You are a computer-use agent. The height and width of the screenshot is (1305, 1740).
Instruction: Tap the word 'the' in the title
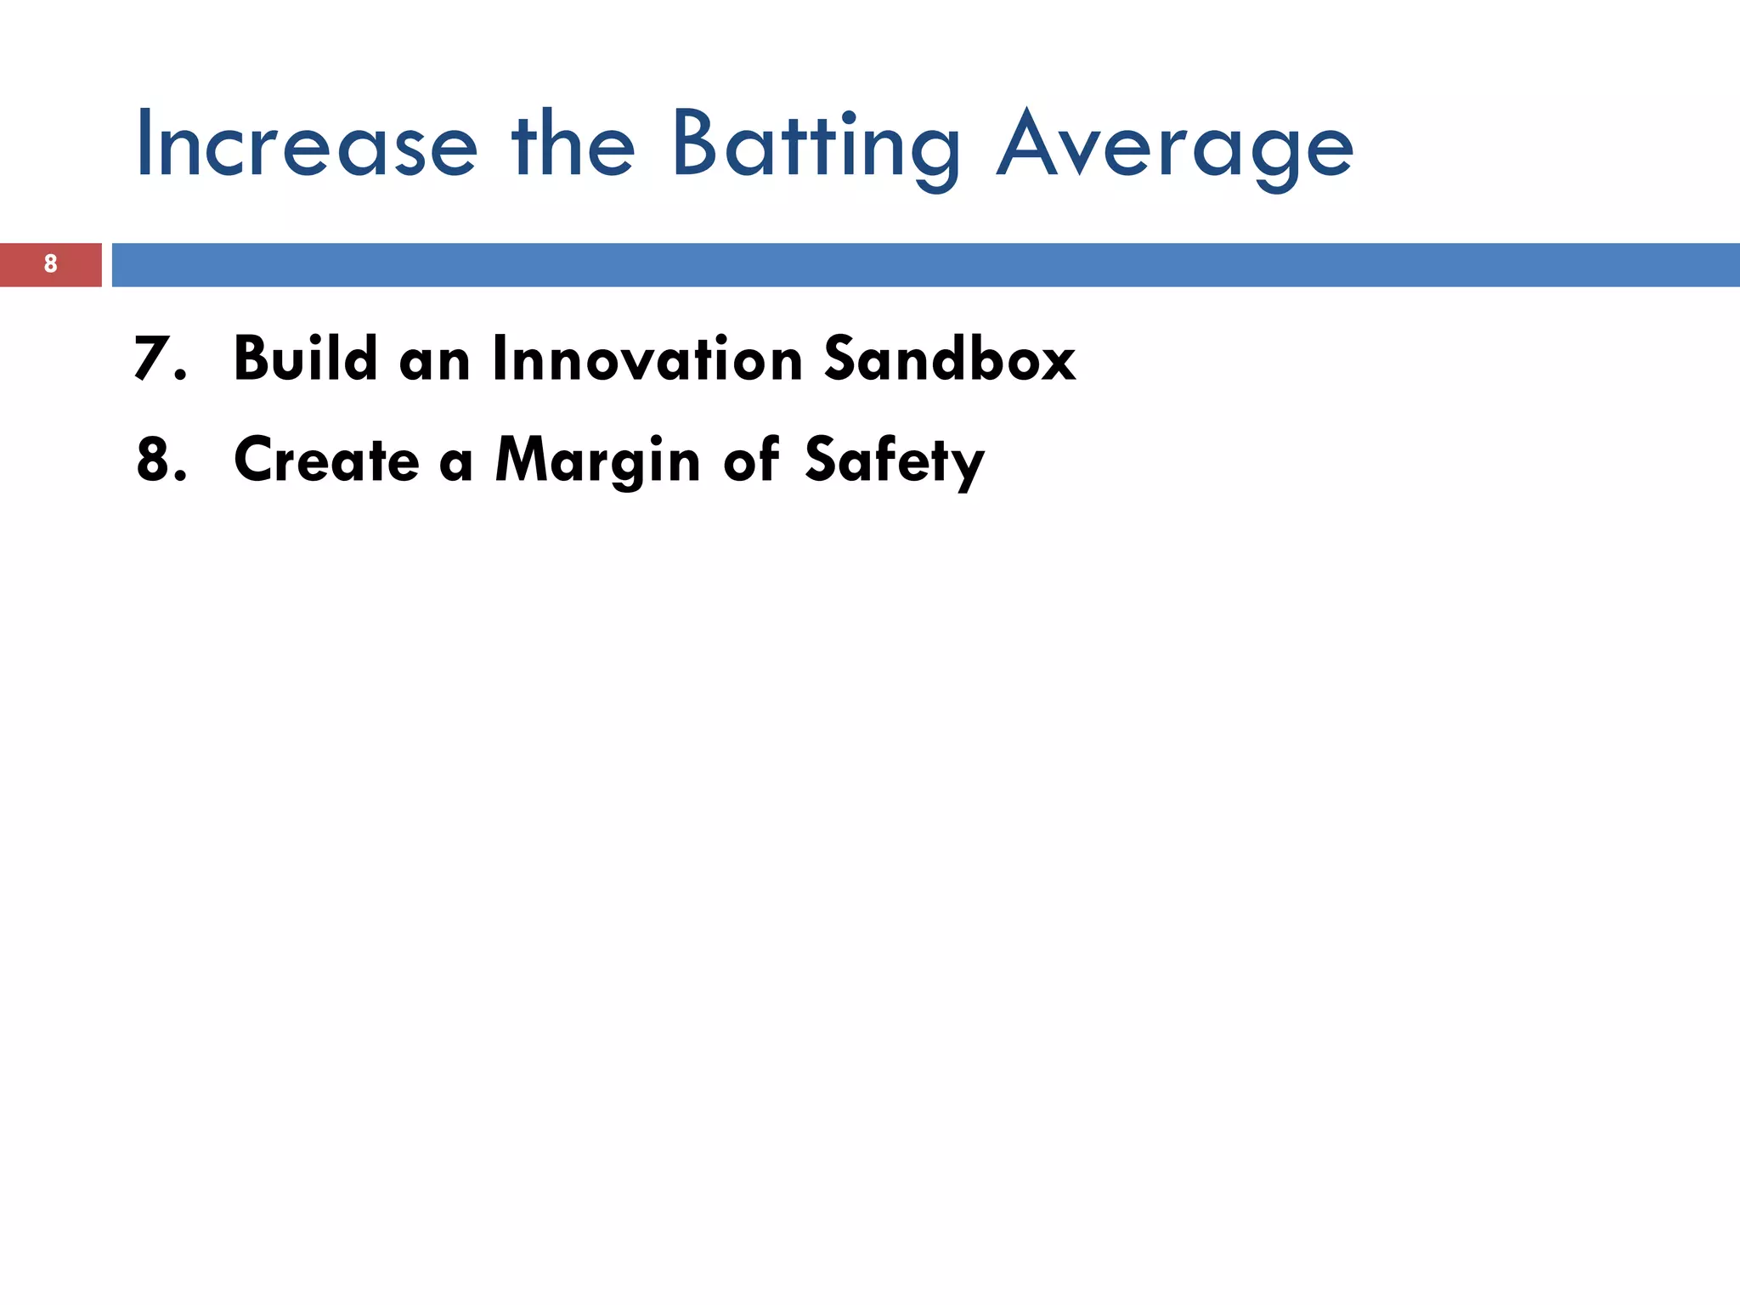point(573,144)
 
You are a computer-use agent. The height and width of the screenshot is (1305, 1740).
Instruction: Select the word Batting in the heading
point(816,146)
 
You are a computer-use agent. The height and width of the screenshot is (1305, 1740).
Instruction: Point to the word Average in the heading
point(1175,146)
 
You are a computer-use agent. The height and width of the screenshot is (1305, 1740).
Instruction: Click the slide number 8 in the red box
point(50,264)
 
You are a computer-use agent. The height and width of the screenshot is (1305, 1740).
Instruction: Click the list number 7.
point(158,359)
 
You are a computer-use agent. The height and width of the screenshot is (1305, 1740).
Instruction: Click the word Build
point(305,359)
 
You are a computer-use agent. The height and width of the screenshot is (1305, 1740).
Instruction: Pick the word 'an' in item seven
point(434,361)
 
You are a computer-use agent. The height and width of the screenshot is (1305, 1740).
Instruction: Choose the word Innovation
point(647,359)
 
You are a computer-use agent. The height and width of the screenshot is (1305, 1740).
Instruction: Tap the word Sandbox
point(949,359)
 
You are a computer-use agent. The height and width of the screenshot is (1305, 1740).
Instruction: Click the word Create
point(326,460)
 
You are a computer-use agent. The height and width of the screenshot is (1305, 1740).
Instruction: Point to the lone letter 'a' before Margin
point(456,463)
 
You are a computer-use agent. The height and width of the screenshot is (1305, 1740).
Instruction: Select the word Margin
point(597,460)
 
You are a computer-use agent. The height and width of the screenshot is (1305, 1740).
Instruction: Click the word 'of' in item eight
point(751,460)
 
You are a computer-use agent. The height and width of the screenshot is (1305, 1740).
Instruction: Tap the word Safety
point(894,460)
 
